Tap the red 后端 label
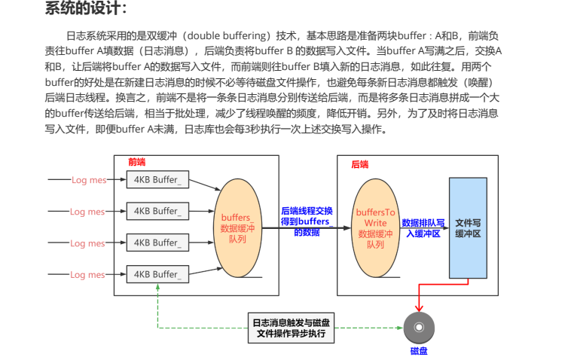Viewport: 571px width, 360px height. pyautogui.click(x=360, y=163)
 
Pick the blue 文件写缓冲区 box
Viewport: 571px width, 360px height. pyautogui.click(x=468, y=228)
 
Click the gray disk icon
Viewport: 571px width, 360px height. pyautogui.click(x=419, y=328)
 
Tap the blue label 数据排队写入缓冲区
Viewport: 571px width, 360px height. pyautogui.click(x=423, y=228)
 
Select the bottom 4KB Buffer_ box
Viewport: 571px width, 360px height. pyautogui.click(x=157, y=274)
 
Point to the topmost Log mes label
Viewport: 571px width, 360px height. pyautogui.click(x=87, y=180)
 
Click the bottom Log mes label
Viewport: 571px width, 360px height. pyautogui.click(x=87, y=275)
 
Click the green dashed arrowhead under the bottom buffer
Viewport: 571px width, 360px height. pyautogui.click(x=157, y=289)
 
